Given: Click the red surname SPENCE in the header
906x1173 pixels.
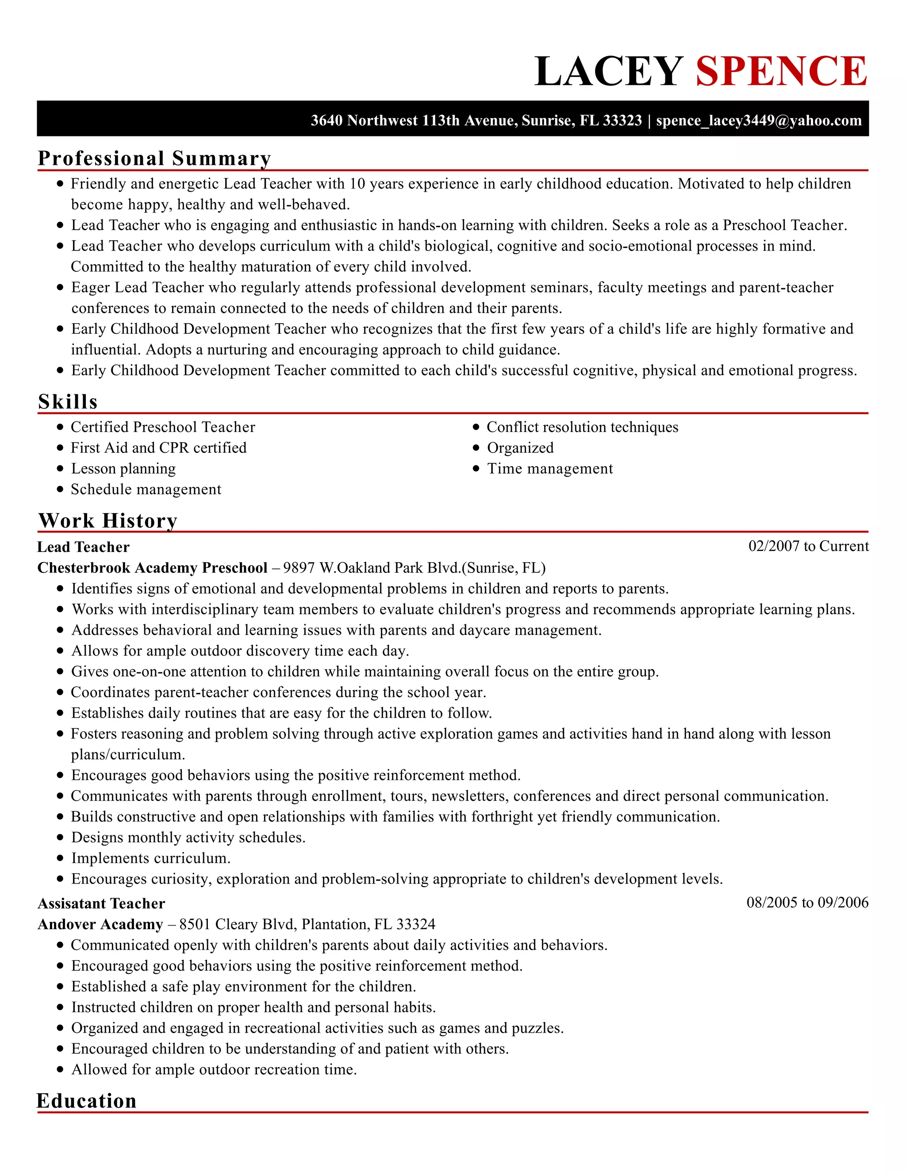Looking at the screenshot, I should [x=781, y=71].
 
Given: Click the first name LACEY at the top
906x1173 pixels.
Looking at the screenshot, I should [x=609, y=71].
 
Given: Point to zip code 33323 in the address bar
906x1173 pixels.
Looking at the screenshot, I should [x=622, y=120].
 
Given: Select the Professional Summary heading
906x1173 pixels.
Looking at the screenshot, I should [x=154, y=158].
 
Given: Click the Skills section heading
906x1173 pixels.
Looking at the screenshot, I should [x=68, y=402].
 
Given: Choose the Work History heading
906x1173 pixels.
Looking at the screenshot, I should [x=108, y=521].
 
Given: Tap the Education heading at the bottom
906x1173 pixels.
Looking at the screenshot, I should [x=86, y=1100].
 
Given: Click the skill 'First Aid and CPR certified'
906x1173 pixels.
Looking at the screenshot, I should [x=158, y=448].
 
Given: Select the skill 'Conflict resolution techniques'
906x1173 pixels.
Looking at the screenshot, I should [x=582, y=427].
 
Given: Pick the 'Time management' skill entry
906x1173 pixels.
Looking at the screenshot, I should [x=549, y=468].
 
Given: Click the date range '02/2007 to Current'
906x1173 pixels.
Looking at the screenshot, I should [x=808, y=546].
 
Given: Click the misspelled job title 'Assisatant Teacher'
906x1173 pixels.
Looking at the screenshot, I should [x=101, y=903].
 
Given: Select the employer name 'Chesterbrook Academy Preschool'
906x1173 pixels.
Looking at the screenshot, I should [x=153, y=568].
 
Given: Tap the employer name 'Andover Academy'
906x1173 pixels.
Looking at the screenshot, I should [x=100, y=924].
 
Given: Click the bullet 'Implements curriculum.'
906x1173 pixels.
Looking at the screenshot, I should [x=151, y=858].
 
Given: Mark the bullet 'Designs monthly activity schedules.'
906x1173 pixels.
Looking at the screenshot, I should [x=188, y=837].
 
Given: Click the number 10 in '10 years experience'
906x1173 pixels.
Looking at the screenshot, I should [x=357, y=184].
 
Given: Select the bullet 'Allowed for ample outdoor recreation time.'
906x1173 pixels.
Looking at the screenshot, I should [x=214, y=1069].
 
